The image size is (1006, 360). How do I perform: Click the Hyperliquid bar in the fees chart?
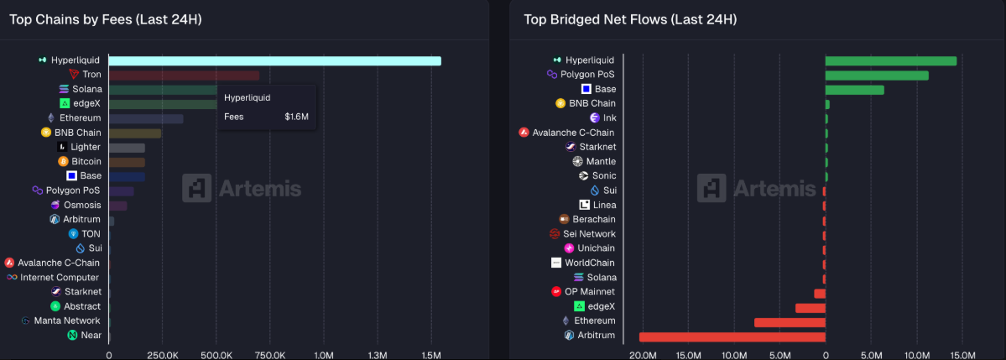tap(274, 60)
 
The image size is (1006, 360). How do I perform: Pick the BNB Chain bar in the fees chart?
tap(134, 133)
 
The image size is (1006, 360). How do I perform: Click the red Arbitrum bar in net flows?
tap(732, 337)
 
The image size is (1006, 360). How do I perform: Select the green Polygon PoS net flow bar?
tap(877, 76)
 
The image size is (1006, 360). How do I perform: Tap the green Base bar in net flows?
tap(854, 90)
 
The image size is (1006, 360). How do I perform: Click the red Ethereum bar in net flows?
tap(790, 322)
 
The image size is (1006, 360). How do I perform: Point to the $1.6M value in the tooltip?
tap(296, 117)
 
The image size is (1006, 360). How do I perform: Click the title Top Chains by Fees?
tap(106, 18)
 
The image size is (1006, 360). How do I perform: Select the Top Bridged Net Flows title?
tap(630, 18)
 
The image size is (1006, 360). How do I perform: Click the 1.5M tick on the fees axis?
tap(430, 355)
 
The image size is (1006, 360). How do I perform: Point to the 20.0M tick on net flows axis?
tap(643, 355)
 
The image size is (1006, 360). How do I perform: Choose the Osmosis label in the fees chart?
tap(82, 205)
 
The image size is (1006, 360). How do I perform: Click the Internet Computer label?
tap(60, 278)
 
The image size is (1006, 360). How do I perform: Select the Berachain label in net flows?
tap(594, 219)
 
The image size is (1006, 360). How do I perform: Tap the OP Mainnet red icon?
tap(556, 292)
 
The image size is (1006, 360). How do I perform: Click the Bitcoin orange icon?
tap(63, 161)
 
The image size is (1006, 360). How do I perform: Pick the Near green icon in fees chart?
tap(73, 336)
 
